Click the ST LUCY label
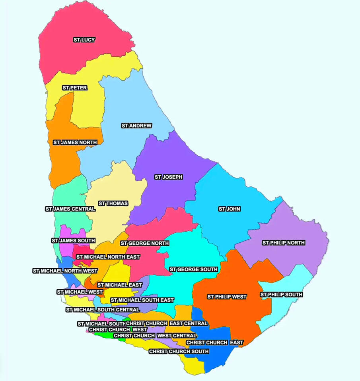(84, 40)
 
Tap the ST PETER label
(75, 88)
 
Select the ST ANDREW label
(136, 126)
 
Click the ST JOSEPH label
(168, 177)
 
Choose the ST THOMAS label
(113, 203)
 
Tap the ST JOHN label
(230, 209)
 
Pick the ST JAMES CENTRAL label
(70, 209)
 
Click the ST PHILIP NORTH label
(283, 243)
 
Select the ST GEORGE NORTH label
(139, 243)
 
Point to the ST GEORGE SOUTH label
(193, 269)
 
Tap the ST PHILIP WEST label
(227, 297)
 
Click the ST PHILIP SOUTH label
(281, 295)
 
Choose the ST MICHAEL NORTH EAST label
(108, 257)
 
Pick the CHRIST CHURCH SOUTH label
(179, 352)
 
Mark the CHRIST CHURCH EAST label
(215, 342)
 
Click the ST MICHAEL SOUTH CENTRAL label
(103, 309)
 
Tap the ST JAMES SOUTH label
(73, 241)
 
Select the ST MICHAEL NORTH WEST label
(65, 271)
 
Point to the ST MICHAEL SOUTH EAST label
(142, 300)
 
